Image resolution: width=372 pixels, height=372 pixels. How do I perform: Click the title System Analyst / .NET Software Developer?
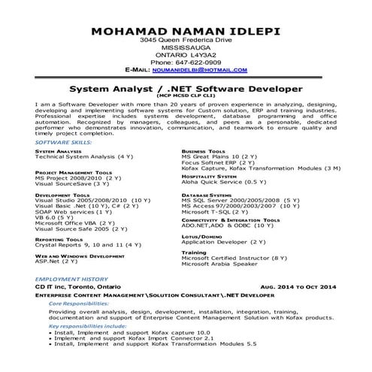pos(185,87)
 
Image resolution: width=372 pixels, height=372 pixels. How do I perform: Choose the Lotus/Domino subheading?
pos(199,236)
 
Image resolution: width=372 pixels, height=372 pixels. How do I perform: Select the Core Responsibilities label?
pos(79,304)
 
